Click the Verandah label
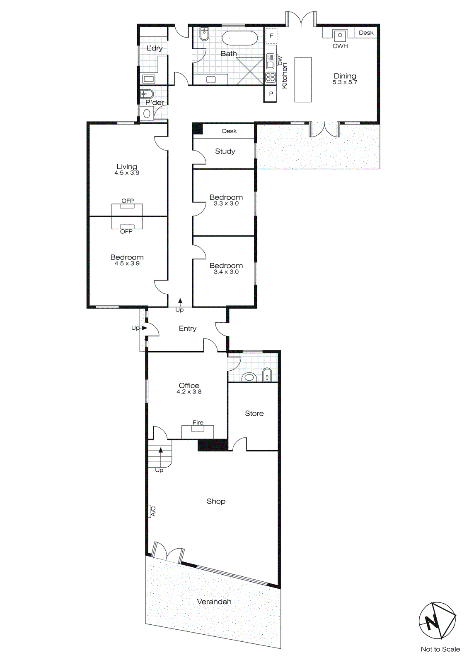214,602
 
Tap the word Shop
216,501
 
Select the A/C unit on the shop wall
152,511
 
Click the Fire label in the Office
198,422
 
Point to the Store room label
254,413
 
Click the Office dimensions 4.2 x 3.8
189,392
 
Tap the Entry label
187,328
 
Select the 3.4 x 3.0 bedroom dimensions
226,272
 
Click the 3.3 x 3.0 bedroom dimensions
226,204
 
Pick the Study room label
225,151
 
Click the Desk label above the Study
229,131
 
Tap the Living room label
126,166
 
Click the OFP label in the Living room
128,201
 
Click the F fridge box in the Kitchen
271,36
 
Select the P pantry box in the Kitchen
271,94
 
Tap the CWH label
340,46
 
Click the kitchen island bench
303,79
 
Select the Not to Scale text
440,649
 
